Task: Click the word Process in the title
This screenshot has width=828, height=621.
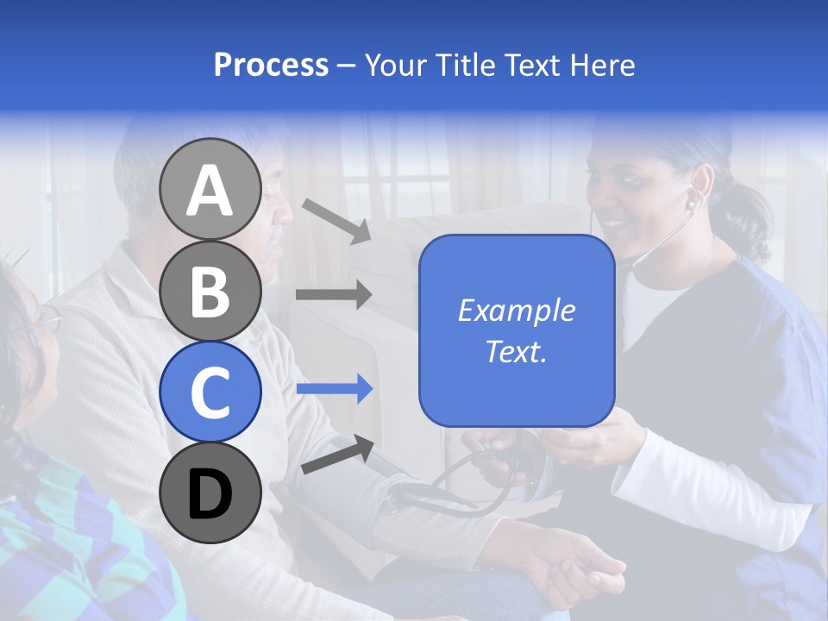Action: click(271, 66)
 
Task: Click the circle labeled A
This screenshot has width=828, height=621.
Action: click(210, 190)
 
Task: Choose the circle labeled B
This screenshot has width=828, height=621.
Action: click(210, 291)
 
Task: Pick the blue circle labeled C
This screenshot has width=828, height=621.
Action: click(210, 392)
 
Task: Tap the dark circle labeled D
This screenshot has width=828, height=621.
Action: click(210, 492)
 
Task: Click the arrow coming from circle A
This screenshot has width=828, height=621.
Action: click(336, 220)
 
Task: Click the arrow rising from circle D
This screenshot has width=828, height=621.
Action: click(336, 455)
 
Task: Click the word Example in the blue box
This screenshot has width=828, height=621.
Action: click(516, 310)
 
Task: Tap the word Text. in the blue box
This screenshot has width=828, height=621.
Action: click(516, 352)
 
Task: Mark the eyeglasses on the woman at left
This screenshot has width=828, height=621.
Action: click(47, 321)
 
